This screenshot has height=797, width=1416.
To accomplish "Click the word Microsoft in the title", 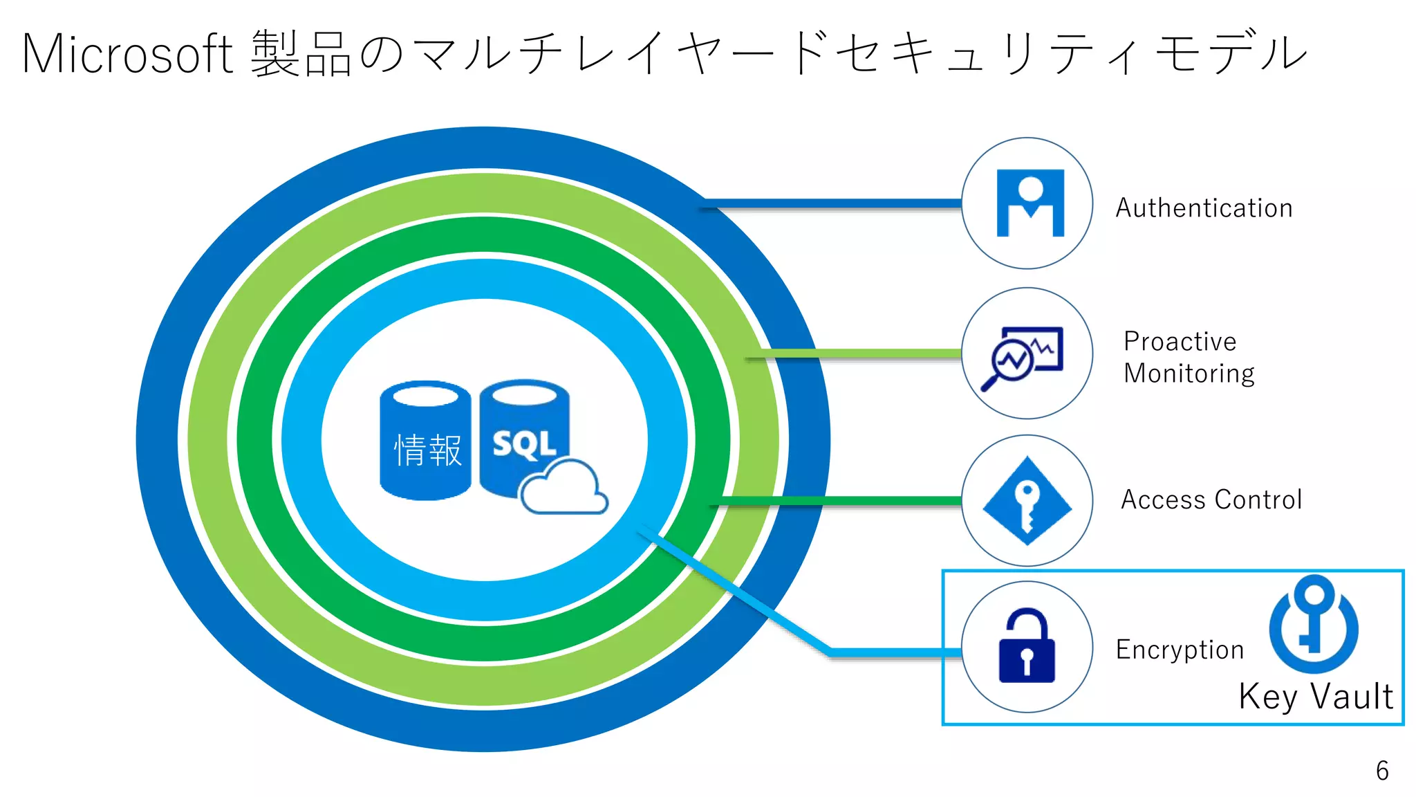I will tap(128, 54).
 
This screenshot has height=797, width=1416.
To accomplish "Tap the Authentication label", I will tap(1204, 208).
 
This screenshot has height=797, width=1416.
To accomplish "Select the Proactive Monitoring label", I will tap(1189, 357).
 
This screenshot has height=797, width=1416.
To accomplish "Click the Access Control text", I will tap(1211, 500).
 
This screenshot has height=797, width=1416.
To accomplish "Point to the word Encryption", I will tap(1180, 650).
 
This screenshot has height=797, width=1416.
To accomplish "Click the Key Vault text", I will tap(1315, 696).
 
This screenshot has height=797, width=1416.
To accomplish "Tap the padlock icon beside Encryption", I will tap(1027, 646).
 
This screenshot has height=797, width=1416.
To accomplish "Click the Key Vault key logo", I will tap(1314, 623).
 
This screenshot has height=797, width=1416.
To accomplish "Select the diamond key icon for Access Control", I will tap(1027, 500).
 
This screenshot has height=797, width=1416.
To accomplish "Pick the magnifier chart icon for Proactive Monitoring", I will tap(1023, 357).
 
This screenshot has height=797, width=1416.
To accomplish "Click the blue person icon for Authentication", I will tap(1030, 203).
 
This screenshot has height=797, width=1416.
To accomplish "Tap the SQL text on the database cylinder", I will tap(524, 444).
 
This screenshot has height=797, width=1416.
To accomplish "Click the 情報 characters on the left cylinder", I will tap(427, 450).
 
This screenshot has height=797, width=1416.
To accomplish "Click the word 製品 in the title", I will tap(301, 54).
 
